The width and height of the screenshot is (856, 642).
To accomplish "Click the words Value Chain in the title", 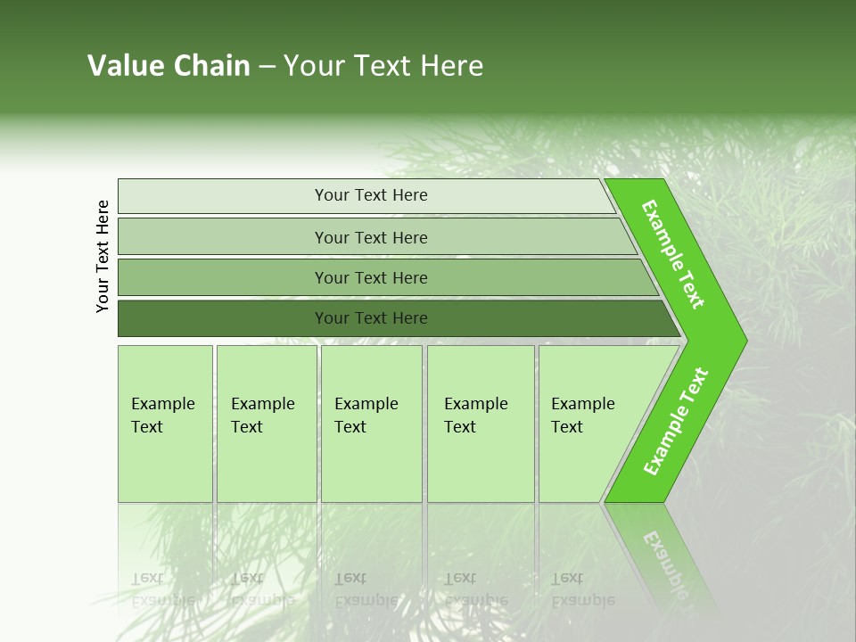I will click(x=169, y=66).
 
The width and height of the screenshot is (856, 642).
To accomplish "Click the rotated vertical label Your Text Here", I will click(x=103, y=256).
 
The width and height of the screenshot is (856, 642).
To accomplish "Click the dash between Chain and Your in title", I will click(x=266, y=67).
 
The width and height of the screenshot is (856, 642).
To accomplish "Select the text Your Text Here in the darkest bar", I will click(x=371, y=318).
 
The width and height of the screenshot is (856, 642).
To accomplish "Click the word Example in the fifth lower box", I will click(x=582, y=404).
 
